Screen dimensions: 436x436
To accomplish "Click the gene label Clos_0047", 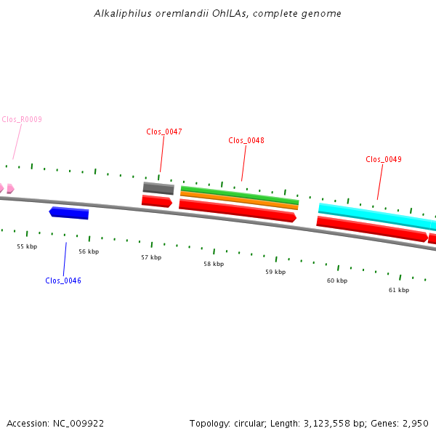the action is click(x=164, y=132).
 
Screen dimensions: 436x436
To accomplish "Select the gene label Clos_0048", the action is click(x=246, y=140).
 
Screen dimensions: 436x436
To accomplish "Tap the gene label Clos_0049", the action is click(x=384, y=159).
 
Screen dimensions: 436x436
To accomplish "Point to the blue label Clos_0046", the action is click(x=63, y=280).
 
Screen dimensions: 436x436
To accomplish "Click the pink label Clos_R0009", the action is click(x=22, y=119).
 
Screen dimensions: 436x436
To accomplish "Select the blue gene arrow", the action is click(x=69, y=213).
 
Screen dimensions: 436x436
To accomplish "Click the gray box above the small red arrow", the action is click(x=158, y=188).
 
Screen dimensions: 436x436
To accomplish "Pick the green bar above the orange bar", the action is click(x=240, y=195).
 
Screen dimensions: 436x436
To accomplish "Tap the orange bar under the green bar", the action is click(x=239, y=201).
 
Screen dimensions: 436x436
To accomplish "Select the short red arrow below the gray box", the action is click(x=157, y=201).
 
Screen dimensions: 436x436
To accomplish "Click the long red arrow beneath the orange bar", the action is click(x=238, y=211).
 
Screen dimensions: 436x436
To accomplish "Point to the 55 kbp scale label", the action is click(x=27, y=246).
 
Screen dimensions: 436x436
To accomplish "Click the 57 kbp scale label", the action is click(x=151, y=257).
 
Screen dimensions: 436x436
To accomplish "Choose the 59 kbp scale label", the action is click(x=275, y=272).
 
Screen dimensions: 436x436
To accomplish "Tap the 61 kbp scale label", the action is click(x=399, y=290).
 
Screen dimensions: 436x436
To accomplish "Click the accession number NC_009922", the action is click(x=78, y=424).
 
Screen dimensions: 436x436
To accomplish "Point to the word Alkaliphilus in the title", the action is click(x=123, y=13).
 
